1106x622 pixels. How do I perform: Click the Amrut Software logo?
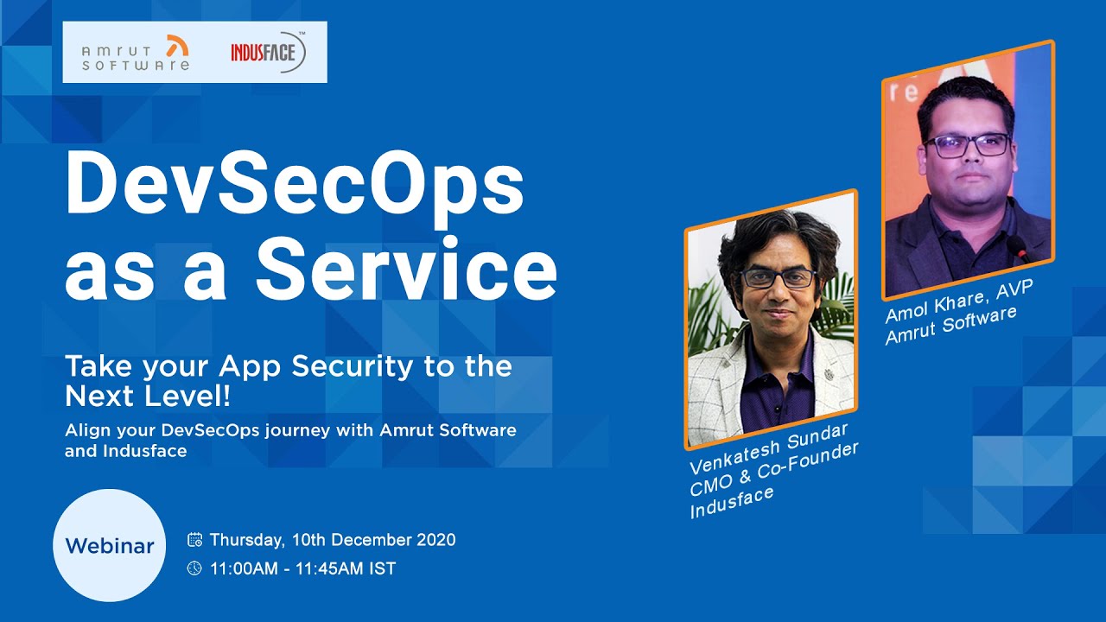click(136, 53)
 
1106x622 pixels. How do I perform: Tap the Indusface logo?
click(268, 53)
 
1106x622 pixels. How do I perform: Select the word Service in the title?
click(406, 270)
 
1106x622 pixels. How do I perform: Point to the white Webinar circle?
click(110, 545)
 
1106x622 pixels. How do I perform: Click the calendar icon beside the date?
click(194, 540)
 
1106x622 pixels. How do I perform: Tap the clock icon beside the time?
click(194, 568)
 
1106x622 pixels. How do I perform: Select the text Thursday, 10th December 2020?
click(333, 540)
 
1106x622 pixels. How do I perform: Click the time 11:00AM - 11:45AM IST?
click(303, 568)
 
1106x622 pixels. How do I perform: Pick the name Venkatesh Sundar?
click(769, 447)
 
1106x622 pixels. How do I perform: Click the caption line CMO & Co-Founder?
click(773, 469)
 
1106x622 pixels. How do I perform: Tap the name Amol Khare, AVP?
click(959, 301)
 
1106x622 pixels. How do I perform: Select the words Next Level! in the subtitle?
click(148, 396)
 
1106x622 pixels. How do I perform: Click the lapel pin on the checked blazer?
click(829, 374)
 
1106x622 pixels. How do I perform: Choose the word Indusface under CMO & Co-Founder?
click(731, 502)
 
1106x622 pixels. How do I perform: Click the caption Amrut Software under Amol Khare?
click(951, 325)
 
